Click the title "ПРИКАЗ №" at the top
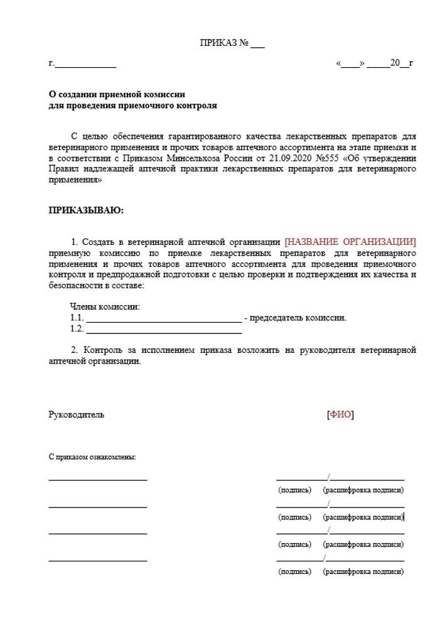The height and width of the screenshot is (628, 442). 224,43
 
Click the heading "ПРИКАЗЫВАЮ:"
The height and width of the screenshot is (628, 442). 86,210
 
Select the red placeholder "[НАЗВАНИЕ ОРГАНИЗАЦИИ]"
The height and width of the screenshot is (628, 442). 350,242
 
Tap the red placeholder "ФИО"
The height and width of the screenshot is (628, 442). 341,414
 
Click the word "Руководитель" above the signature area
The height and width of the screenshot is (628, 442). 77,414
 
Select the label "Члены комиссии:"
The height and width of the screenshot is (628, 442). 105,307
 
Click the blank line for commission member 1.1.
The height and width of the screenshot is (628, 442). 163,318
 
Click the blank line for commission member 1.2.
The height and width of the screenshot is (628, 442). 163,330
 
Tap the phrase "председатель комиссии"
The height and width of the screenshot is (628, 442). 298,318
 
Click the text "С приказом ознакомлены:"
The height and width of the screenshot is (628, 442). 92,457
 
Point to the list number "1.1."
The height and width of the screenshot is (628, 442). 77,318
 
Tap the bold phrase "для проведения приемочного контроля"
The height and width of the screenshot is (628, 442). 133,106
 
